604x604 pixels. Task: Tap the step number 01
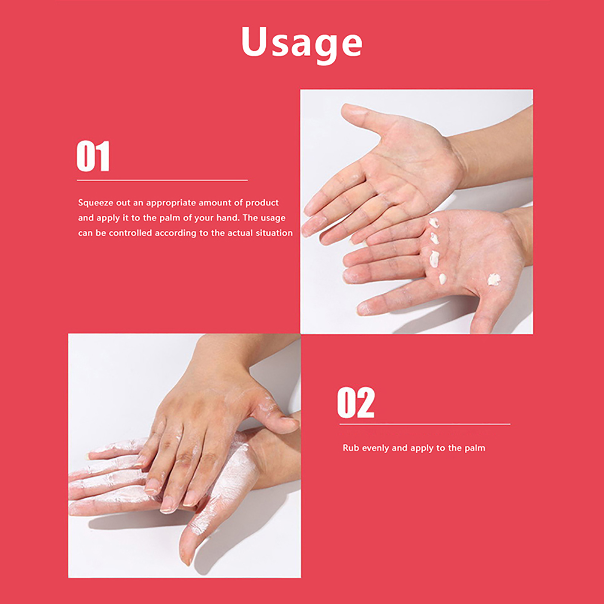click(93, 156)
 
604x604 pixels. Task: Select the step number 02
click(356, 402)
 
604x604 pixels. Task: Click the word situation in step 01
click(274, 233)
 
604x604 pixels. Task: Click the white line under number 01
click(162, 180)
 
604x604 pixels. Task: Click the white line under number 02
click(425, 424)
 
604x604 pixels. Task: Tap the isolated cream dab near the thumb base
click(493, 279)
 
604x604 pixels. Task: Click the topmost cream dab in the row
click(434, 222)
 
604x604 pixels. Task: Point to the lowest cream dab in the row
click(442, 279)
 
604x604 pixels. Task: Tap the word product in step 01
click(262, 203)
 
